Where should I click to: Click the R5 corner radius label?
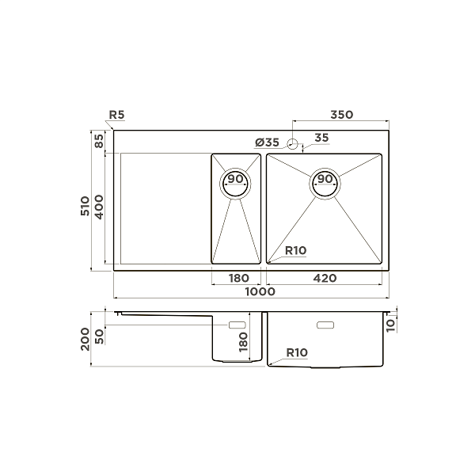click(x=116, y=116)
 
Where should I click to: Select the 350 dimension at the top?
click(x=341, y=116)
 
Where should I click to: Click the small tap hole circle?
click(x=292, y=144)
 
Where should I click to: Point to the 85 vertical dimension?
click(x=99, y=142)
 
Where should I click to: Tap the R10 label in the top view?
click(x=296, y=251)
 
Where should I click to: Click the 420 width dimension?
click(x=325, y=278)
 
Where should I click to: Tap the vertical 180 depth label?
click(x=244, y=342)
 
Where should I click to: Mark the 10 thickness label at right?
click(x=390, y=323)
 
